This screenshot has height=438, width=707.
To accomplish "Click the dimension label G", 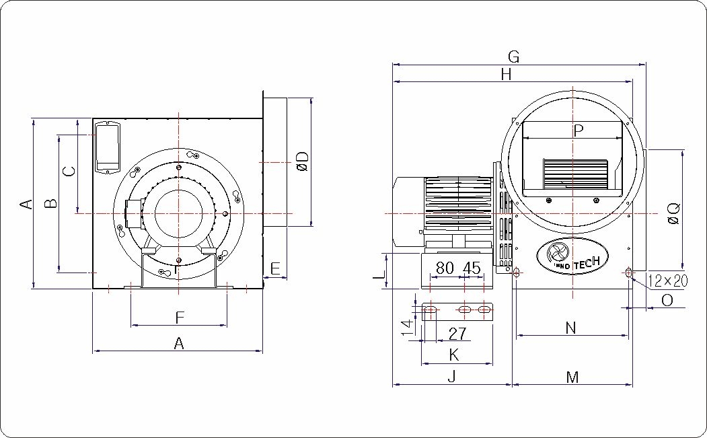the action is click(513, 57).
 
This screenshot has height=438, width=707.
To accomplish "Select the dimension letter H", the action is click(507, 75).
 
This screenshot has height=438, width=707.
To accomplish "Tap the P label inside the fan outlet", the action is click(578, 131).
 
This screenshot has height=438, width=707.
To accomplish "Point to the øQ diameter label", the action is click(674, 213).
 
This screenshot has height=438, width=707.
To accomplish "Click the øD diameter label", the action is click(303, 161).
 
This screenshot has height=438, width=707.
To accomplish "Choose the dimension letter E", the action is click(275, 269).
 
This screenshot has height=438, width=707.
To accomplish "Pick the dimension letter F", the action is click(180, 318).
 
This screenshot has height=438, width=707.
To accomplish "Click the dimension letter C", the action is click(69, 171).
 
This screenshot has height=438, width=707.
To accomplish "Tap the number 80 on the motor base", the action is click(445, 268).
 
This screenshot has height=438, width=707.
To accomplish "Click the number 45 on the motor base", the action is click(472, 268).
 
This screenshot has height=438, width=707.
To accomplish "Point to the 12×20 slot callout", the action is click(668, 281).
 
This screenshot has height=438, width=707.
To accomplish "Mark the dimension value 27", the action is click(457, 334).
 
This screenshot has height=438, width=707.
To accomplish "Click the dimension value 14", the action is click(408, 328).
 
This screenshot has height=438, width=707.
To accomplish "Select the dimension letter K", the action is click(454, 355).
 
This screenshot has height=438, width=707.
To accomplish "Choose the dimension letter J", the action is click(452, 377).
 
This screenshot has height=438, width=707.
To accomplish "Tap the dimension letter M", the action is click(572, 377).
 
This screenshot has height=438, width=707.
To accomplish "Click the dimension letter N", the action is click(571, 328).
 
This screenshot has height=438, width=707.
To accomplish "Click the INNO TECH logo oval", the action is click(572, 256).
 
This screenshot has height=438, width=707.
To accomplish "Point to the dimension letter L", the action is click(379, 273).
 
